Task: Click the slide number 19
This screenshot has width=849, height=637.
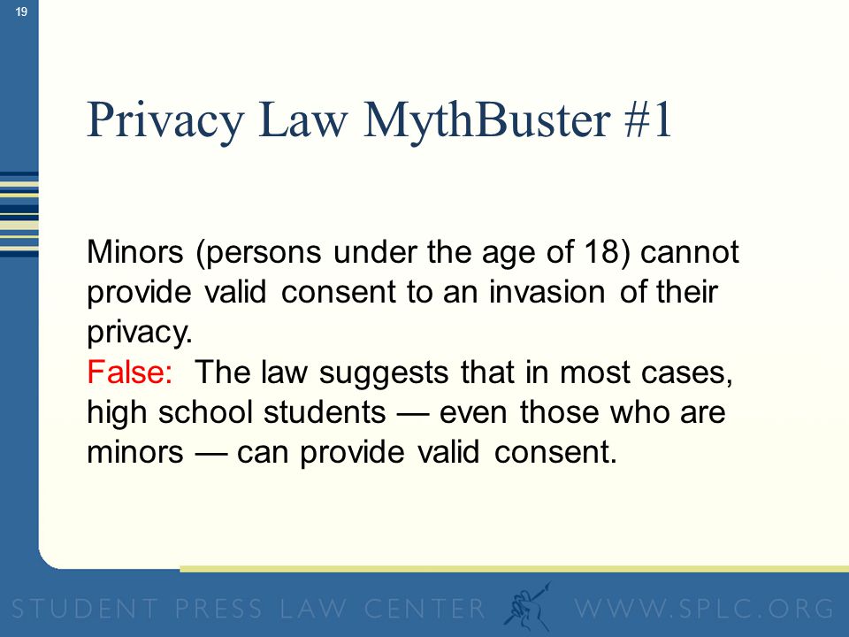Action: pos(21,12)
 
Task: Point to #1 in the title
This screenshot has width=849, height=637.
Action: pos(647,119)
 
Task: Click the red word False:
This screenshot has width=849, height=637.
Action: pos(130,372)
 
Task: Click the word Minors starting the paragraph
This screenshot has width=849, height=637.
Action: pos(134,252)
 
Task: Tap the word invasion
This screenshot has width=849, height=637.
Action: pos(547,292)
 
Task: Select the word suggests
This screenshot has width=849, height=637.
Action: pos(384,373)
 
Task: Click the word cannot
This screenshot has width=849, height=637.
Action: pos(690,252)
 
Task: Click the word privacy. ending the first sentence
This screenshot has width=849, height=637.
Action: pos(140,333)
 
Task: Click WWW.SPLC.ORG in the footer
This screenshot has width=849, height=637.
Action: pos(704,609)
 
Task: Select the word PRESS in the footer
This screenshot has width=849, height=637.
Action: pos(218,609)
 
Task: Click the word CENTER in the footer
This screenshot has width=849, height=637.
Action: pos(424,609)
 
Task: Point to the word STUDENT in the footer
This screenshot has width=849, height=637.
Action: pos(85,609)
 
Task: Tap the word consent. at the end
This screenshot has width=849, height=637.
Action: pos(555,452)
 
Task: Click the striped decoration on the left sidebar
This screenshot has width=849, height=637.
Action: pos(19,213)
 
